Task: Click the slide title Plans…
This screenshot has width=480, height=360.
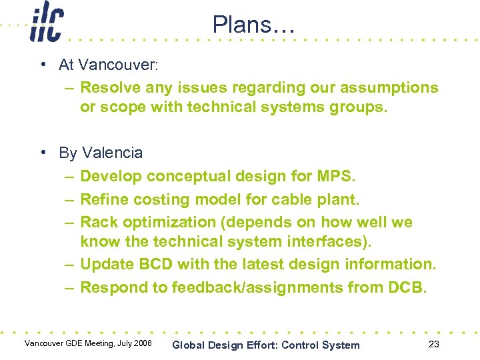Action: (252, 25)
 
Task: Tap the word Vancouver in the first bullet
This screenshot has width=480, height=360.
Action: (117, 65)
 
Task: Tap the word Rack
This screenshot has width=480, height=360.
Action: (99, 222)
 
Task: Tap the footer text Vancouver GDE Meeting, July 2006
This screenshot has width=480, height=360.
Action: (88, 344)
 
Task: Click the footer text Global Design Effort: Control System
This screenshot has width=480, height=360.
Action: (265, 345)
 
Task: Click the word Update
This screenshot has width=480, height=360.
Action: (107, 265)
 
